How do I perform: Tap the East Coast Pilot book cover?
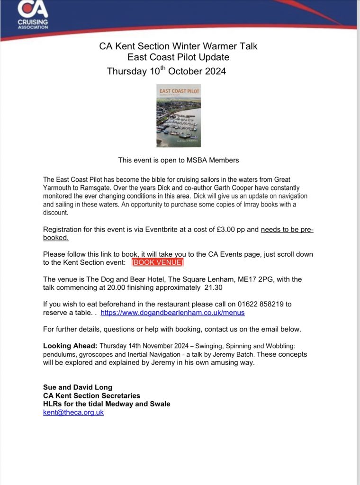click(179, 116)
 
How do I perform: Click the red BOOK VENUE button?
click(157, 262)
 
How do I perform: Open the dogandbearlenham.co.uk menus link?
click(172, 313)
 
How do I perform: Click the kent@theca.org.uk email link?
click(73, 412)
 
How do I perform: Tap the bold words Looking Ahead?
click(70, 345)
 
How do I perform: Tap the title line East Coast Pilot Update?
click(178, 58)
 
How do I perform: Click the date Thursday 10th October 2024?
click(166, 72)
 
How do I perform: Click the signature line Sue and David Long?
click(78, 387)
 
